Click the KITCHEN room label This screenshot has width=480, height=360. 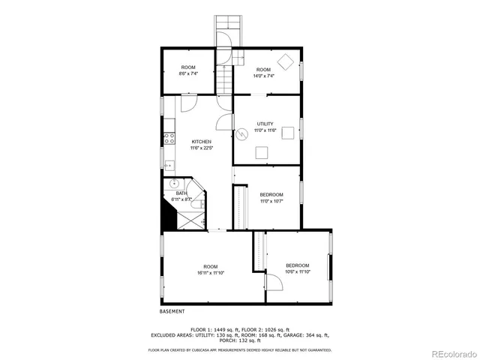pyautogui.click(x=201, y=142)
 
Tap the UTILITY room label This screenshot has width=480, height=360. pyautogui.click(x=265, y=124)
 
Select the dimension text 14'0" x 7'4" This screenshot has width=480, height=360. pyautogui.click(x=263, y=75)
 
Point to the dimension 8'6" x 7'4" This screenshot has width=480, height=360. pyautogui.click(x=188, y=73)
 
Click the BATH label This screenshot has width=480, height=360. pyautogui.click(x=181, y=193)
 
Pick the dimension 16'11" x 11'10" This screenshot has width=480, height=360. pyautogui.click(x=210, y=272)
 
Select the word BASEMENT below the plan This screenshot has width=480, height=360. pyautogui.click(x=172, y=311)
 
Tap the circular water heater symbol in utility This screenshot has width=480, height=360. pyautogui.click(x=243, y=135)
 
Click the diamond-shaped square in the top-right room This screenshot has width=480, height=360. pyautogui.click(x=285, y=60)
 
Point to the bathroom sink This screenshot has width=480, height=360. pyautogui.click(x=175, y=182)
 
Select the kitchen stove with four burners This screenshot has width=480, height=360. pyautogui.click(x=169, y=137)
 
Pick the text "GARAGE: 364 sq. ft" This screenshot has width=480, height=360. pyautogui.click(x=304, y=334)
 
